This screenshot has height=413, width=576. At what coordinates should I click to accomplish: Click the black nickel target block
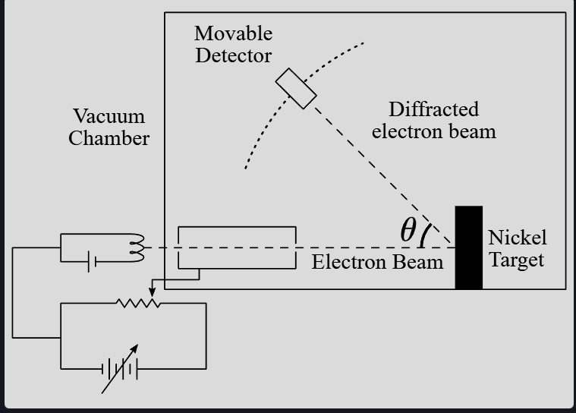coord(468,247)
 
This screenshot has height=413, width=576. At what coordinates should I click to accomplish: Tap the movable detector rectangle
coord(296,89)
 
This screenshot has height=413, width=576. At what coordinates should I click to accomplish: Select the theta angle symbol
coord(408,229)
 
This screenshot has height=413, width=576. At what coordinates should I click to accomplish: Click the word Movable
coord(233,34)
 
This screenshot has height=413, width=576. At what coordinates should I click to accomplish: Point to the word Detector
coord(233,56)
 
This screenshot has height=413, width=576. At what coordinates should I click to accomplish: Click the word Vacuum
coord(109,117)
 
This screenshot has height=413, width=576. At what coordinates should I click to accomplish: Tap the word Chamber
coord(109,139)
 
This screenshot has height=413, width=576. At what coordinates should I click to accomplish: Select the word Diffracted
coord(433,109)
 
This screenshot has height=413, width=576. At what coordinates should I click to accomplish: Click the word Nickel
coord(517,238)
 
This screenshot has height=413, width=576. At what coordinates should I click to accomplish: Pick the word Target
coord(516,260)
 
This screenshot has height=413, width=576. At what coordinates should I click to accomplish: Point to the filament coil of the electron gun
coord(137,247)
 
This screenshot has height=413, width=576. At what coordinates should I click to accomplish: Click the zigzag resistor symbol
coord(137,303)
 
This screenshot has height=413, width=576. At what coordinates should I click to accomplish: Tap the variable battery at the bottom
coord(120,369)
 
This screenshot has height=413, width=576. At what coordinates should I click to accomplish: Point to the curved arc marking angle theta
coord(425,234)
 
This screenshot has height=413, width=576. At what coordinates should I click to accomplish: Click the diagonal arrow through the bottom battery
coord(121,367)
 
